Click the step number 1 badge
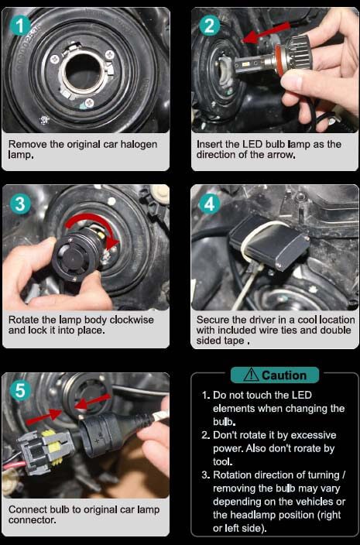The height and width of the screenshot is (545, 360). point(20,27)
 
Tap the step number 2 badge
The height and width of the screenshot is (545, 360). point(210,26)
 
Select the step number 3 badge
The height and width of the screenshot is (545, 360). point(20,204)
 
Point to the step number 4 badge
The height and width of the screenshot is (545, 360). point(209,204)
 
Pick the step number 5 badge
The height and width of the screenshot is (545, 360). point(20,391)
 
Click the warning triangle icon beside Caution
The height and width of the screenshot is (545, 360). point(251,375)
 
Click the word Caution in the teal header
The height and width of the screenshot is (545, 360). point(284,375)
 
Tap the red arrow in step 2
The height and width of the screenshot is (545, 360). point(266,33)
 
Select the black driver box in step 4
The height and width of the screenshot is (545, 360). point(269,242)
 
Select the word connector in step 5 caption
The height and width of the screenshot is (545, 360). point(32,520)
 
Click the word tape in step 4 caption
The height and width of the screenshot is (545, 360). point(232,341)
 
